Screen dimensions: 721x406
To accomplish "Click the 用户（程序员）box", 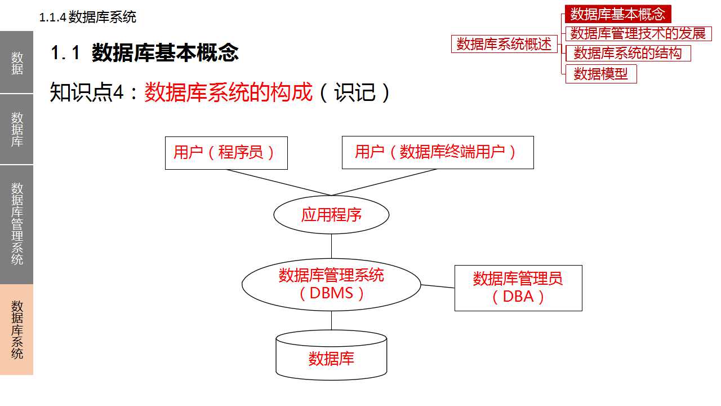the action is pos(226,153).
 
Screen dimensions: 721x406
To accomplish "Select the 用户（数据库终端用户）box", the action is pos(437,153).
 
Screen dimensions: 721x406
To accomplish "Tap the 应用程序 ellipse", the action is pos(331,215).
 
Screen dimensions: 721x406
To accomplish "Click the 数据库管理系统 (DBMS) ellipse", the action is pos(331,284).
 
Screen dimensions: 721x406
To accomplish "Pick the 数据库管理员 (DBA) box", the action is pos(518,288).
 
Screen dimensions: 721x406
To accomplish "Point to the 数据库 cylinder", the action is pos(331,356).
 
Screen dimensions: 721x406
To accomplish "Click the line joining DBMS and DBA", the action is pos(438,286).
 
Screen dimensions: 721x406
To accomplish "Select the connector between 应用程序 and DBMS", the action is pos(331,246).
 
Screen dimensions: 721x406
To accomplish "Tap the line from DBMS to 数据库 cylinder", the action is pos(331,320).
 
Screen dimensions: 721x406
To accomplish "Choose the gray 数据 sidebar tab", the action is pos(17,63).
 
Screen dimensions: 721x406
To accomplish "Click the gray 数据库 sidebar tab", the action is pos(17,129).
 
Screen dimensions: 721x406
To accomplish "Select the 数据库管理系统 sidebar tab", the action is pos(17,224).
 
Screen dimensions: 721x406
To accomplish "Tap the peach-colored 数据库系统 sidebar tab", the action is pos(17,329).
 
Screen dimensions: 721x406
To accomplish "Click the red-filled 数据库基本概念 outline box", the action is pos(618,14).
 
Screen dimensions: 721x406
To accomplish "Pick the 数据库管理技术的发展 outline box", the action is pos(638,33).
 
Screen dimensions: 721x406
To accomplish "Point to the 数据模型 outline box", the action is pos(601,74).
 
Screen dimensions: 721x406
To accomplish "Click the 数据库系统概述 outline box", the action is pos(504,44).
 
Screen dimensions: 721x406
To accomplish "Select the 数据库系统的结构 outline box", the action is pos(627,54).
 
